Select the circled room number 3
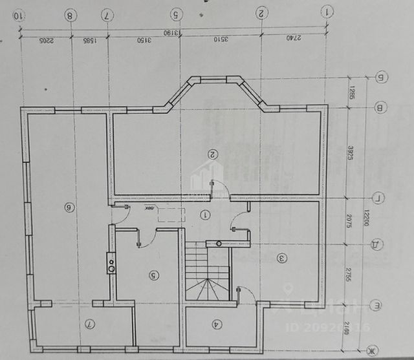tap(281, 258)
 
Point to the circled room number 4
tap(216, 325)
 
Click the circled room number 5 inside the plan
tap(153, 275)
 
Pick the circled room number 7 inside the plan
tap(91, 323)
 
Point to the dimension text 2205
tap(45, 40)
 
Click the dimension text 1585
tap(89, 40)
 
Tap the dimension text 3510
tap(221, 40)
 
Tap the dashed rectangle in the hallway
tap(170, 215)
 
